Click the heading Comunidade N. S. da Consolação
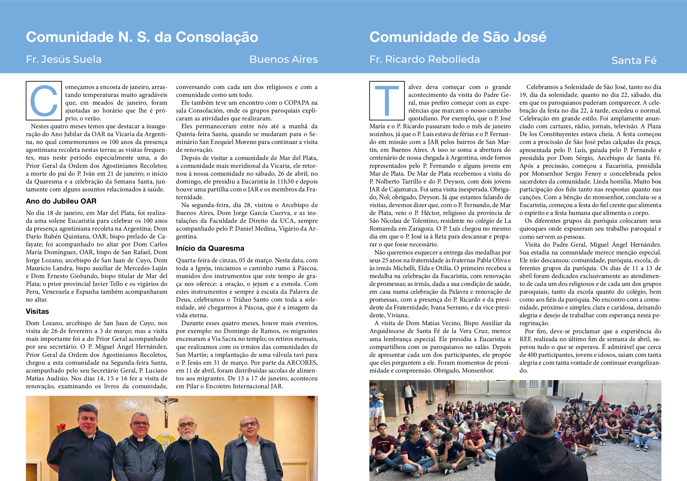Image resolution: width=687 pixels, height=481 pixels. point(142,37)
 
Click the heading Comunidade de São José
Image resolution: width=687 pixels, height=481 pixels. point(458,37)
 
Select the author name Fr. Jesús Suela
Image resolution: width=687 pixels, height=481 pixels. point(64,59)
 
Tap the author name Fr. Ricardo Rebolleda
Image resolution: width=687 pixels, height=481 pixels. point(424,59)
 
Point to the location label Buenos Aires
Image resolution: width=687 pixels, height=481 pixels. point(283,59)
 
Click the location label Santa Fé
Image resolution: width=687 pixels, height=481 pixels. point(634,60)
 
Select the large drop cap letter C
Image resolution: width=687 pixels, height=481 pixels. point(44,101)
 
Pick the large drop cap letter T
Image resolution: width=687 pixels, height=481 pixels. point(387,101)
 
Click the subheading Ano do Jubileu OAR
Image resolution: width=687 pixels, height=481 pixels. point(61,201)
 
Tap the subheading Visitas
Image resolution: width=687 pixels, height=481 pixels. point(38,311)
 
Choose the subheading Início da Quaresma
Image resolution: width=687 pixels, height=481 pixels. point(210,248)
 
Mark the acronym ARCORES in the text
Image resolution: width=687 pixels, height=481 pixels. point(302,363)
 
